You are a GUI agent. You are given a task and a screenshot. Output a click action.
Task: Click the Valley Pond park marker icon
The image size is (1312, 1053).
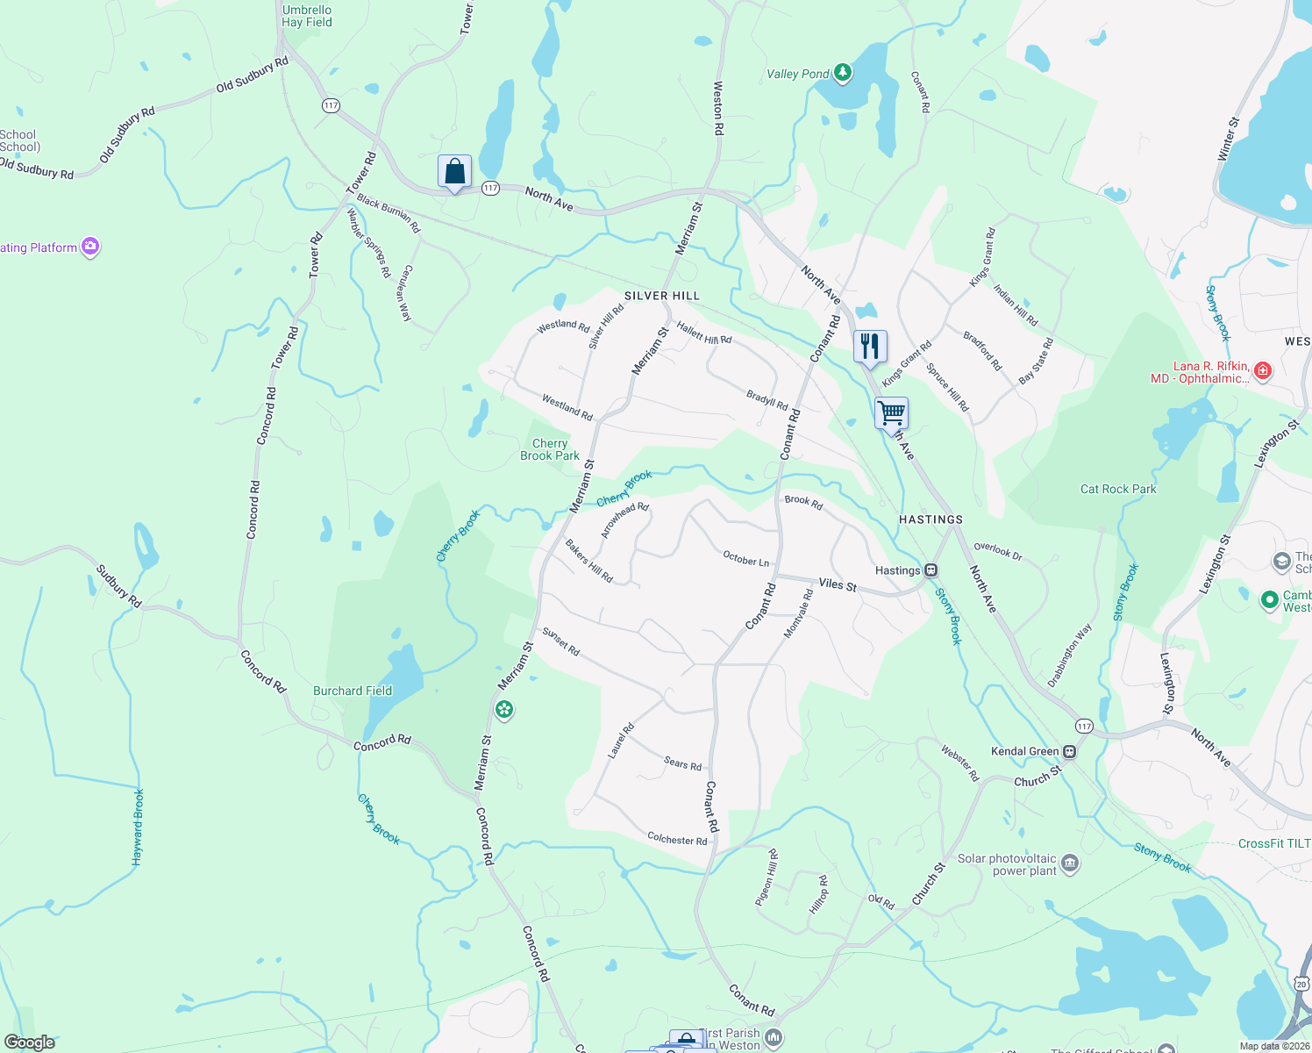click(843, 72)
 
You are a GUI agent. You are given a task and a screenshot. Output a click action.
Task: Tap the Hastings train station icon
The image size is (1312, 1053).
click(931, 570)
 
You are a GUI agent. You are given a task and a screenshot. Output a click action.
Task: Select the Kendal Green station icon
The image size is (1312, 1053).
click(1069, 751)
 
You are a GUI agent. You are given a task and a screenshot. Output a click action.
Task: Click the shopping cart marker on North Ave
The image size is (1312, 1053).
click(891, 412)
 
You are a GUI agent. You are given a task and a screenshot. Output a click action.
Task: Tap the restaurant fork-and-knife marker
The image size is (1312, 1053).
click(869, 346)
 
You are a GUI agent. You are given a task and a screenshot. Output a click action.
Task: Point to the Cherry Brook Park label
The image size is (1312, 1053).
click(550, 449)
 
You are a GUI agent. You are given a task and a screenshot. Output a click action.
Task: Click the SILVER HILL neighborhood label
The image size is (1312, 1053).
click(662, 296)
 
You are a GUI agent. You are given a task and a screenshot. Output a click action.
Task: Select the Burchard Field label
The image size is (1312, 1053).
click(353, 691)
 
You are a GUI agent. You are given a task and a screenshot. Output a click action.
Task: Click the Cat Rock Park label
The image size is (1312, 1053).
click(1118, 489)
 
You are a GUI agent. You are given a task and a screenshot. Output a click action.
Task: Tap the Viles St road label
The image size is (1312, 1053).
click(838, 584)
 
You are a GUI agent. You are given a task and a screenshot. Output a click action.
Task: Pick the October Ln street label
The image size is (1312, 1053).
click(745, 559)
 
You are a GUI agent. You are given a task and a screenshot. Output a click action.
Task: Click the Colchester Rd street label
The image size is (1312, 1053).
click(677, 840)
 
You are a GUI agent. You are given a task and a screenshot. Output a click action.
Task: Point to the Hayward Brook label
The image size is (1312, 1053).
click(138, 827)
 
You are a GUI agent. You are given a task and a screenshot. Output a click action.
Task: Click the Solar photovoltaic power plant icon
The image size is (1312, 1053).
click(1070, 864)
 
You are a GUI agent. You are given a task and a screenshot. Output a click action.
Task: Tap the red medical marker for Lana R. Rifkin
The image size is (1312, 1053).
click(1262, 371)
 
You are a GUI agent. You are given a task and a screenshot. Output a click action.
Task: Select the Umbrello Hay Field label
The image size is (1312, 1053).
click(307, 16)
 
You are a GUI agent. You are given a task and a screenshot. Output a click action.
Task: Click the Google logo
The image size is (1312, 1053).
click(30, 1042)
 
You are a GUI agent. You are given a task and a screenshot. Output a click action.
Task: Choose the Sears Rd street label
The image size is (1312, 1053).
click(682, 764)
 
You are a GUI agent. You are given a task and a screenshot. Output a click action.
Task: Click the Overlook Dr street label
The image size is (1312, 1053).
click(998, 550)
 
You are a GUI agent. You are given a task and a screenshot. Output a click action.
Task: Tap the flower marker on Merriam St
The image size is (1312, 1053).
click(504, 709)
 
